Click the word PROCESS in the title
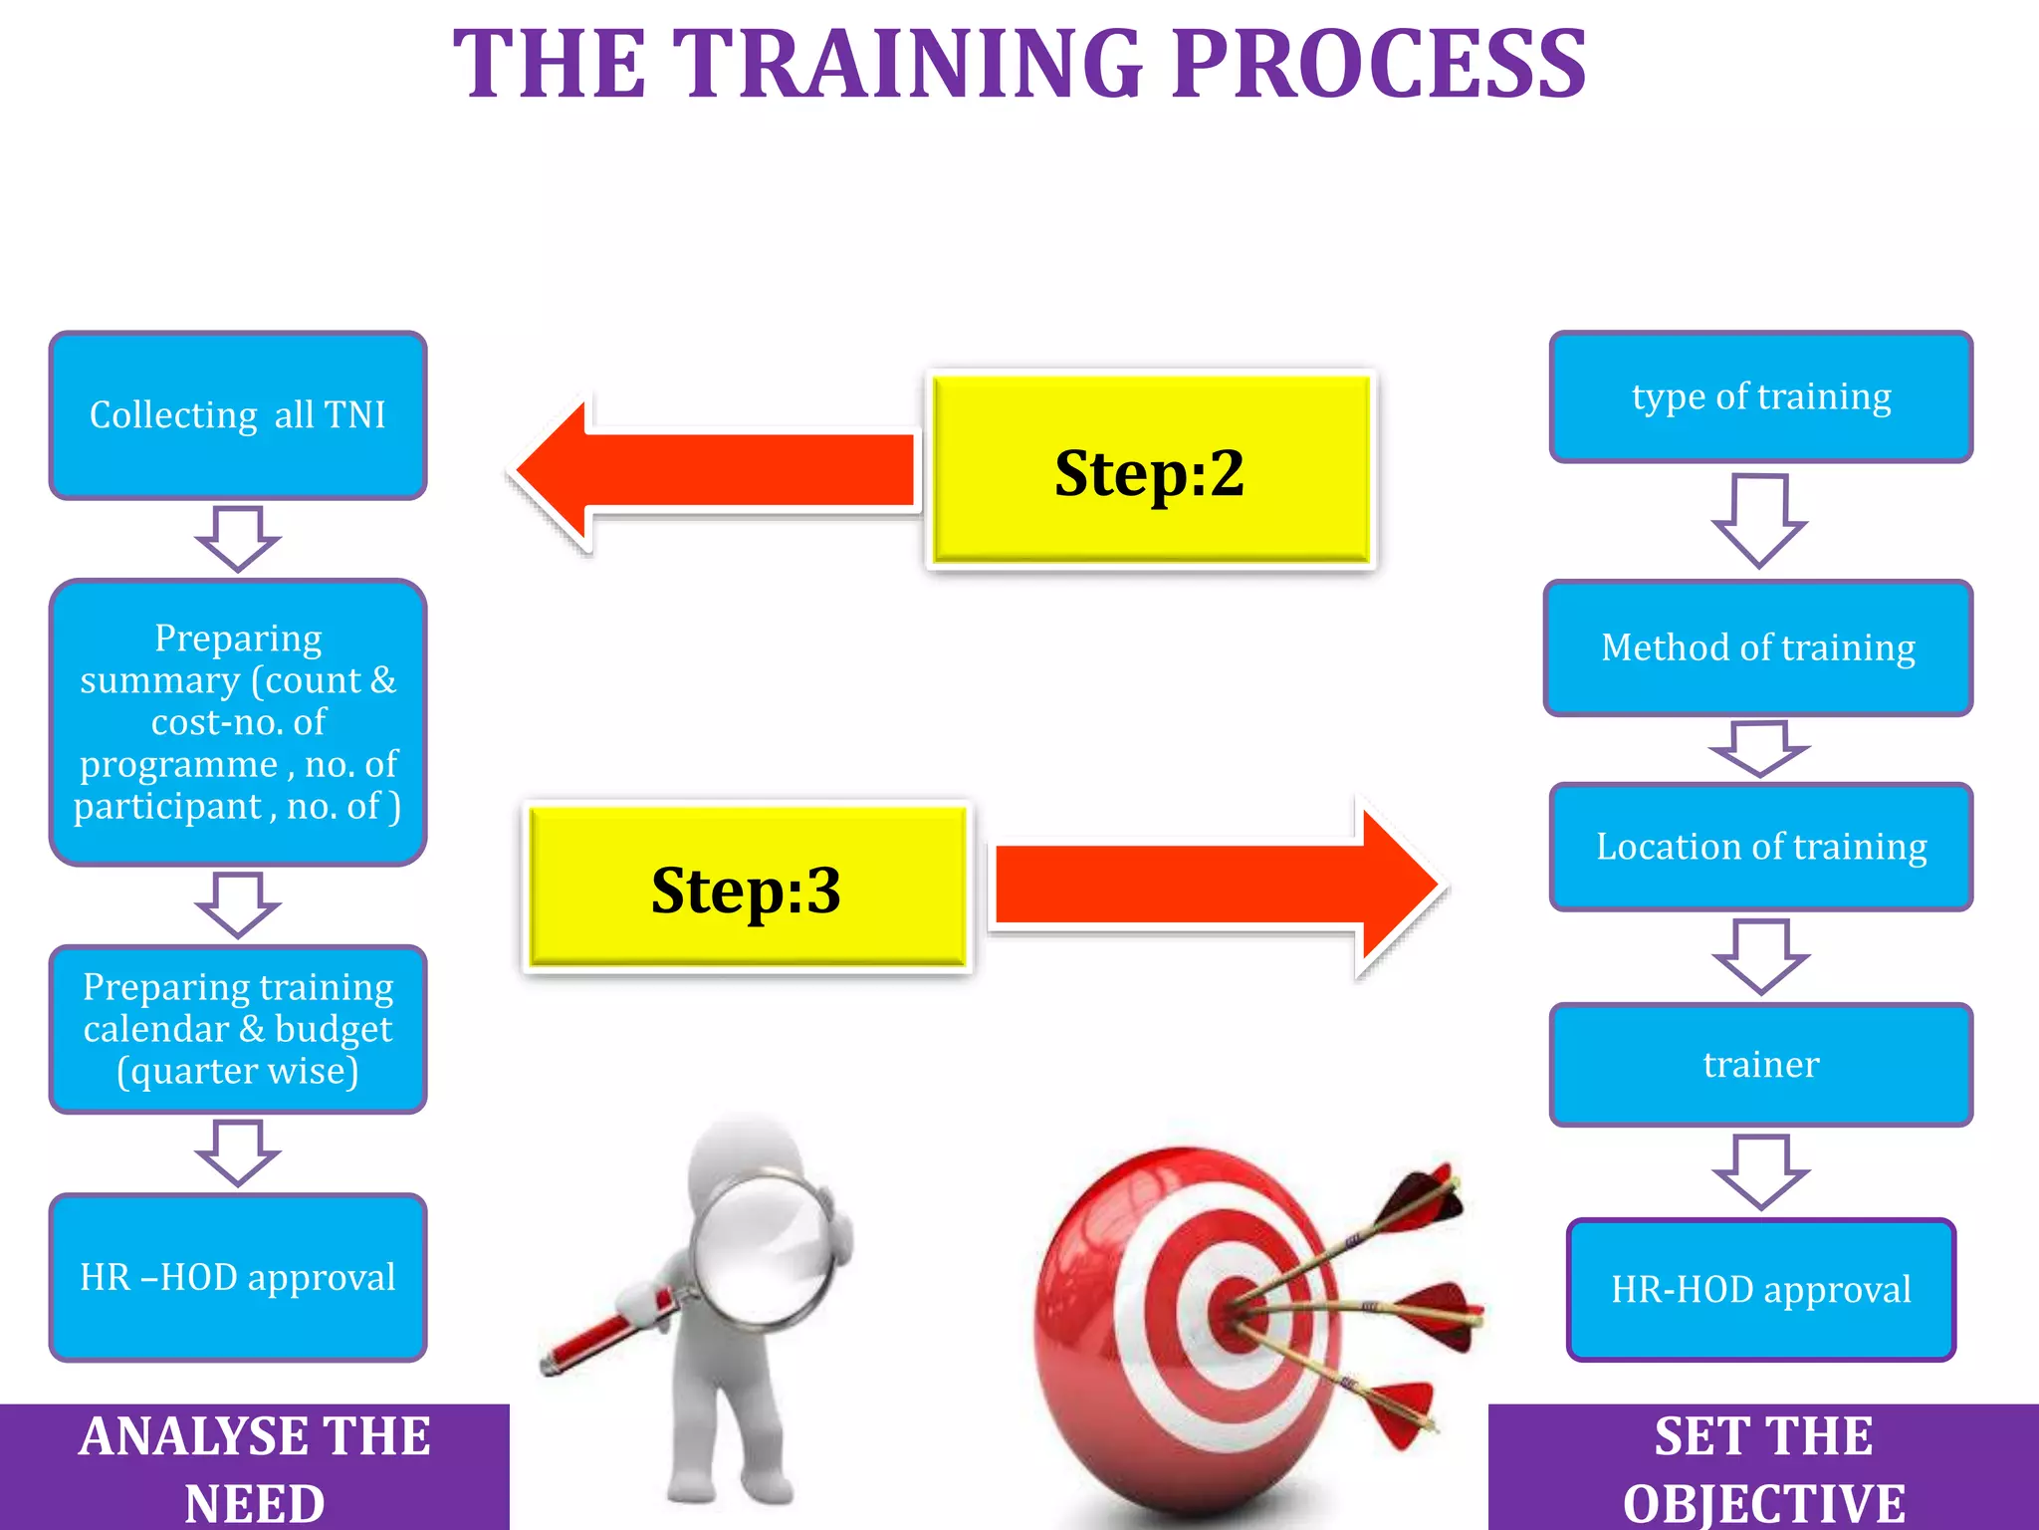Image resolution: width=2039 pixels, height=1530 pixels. pos(1379,65)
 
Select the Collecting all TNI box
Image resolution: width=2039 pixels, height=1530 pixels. pos(238,415)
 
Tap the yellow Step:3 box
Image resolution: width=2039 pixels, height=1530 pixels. pos(746,888)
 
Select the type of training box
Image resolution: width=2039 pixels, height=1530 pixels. pos(1760,397)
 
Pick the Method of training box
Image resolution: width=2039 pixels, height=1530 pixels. pos(1758,648)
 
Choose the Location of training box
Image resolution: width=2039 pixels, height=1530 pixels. pos(1760,847)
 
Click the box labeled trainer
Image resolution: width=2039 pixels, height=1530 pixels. pos(1760,1065)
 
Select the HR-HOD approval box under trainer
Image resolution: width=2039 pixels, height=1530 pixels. pos(1760,1290)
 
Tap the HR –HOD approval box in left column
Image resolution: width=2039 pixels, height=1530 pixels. pos(238,1277)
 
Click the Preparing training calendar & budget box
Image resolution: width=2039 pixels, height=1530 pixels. pos(238,1029)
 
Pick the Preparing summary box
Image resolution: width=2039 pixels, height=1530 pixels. pos(238,722)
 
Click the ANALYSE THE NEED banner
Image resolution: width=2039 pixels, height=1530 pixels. pos(255,1467)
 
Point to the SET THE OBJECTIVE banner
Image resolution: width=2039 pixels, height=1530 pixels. pos(1763,1467)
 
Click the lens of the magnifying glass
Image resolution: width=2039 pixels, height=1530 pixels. pos(763,1250)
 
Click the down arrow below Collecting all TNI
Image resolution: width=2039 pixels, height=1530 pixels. pos(238,538)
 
